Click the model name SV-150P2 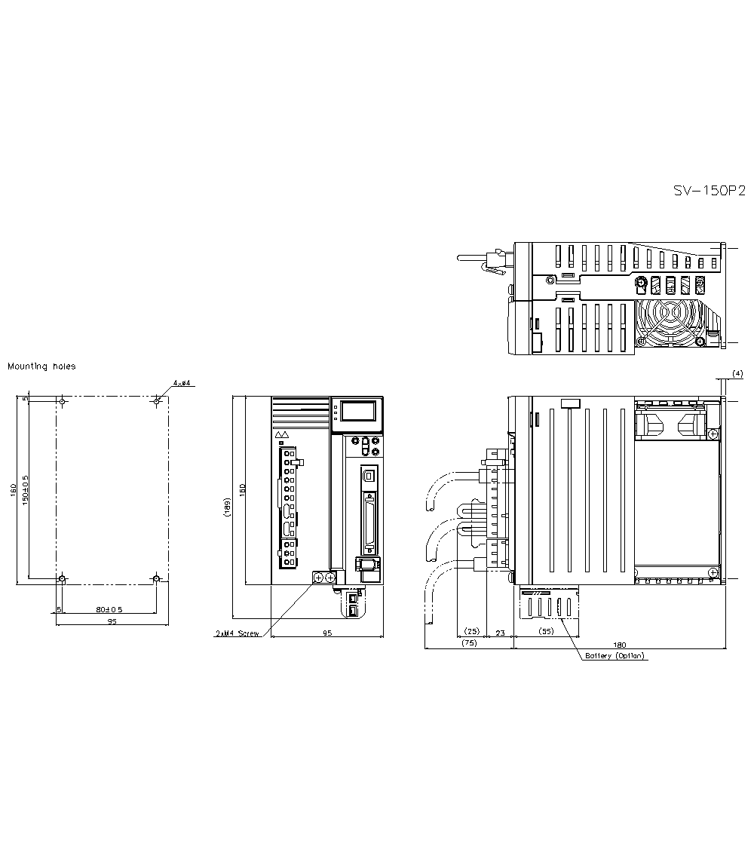tap(709, 191)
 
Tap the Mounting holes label tap(41, 366)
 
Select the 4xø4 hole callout tap(181, 384)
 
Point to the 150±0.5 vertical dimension tap(26, 490)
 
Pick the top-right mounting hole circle tap(156, 401)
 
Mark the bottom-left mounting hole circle tap(63, 579)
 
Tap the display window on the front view tap(357, 411)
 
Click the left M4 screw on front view tap(318, 578)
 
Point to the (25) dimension tap(472, 630)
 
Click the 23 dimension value tap(499, 633)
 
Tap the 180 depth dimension tap(619, 645)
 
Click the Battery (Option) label tap(616, 656)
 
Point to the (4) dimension tap(737, 373)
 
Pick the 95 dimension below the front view tap(327, 633)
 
